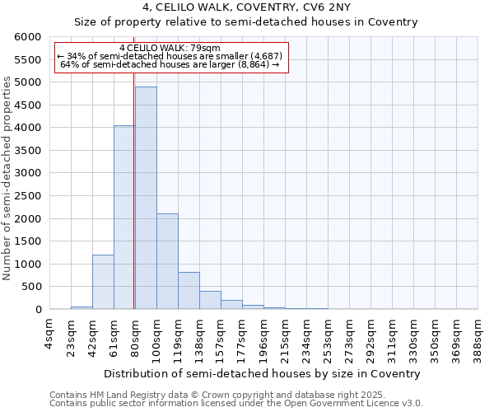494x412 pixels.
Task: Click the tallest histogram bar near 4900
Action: click(146, 198)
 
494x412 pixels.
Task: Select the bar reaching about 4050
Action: click(124, 218)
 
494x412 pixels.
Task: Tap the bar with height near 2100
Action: click(167, 261)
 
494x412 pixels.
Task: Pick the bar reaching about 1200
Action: click(103, 282)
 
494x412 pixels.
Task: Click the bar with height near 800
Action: click(189, 291)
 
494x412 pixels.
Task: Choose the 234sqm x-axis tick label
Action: click(306, 336)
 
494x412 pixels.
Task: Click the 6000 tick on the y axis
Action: click(28, 37)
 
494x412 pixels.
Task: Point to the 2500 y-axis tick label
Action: click(28, 196)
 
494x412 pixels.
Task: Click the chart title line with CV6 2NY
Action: click(245, 8)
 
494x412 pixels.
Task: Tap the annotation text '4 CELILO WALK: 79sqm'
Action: click(170, 49)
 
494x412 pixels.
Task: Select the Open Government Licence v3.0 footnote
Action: click(235, 404)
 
